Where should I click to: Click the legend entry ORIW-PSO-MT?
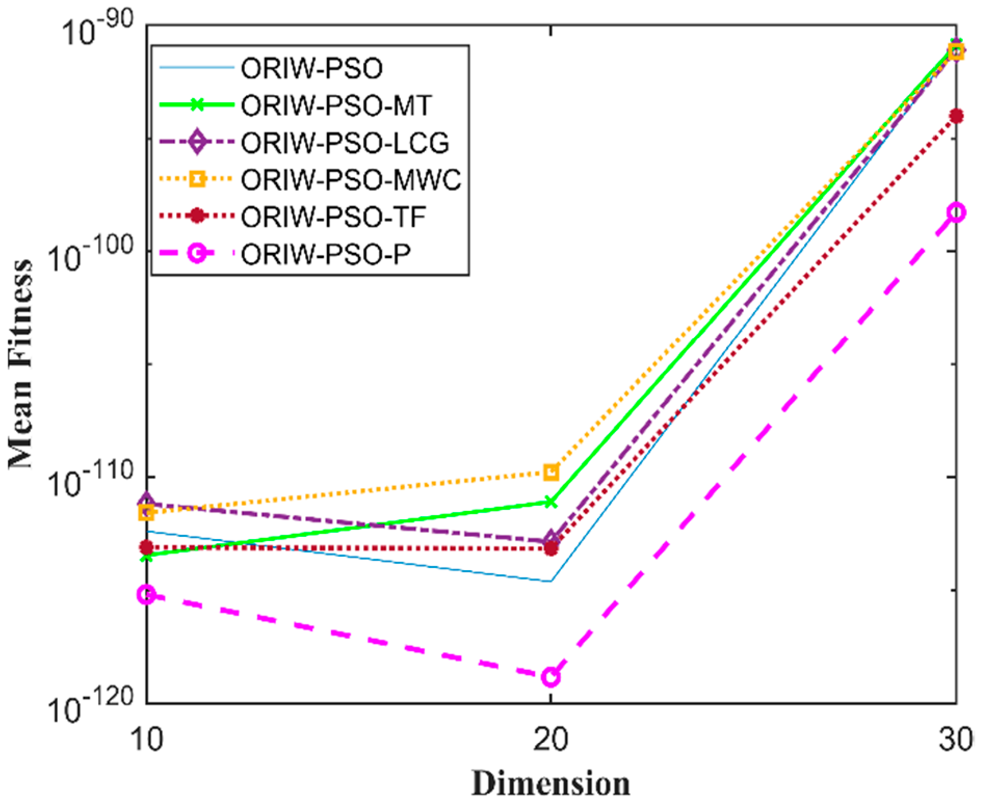pos(336,105)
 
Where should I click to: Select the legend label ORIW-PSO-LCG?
pos(345,143)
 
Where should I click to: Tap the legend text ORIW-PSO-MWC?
pos(351,180)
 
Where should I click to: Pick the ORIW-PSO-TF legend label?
pos(333,217)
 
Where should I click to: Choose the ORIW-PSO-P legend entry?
pos(326,254)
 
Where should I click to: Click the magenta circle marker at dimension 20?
pos(551,677)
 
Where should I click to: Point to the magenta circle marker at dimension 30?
pos(956,212)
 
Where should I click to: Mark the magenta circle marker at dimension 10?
pos(147,595)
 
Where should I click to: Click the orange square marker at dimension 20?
pos(551,472)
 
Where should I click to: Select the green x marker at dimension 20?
pos(551,502)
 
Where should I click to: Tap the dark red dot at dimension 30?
pos(956,116)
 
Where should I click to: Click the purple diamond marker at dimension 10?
pos(147,501)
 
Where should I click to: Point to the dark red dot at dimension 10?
pos(147,547)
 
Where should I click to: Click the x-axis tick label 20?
pos(551,738)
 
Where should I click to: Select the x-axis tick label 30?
pos(955,738)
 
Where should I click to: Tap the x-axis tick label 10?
pos(147,738)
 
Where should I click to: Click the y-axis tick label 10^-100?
pos(91,254)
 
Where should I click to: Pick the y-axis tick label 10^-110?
pos(91,480)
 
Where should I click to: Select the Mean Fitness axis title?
pos(21,363)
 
